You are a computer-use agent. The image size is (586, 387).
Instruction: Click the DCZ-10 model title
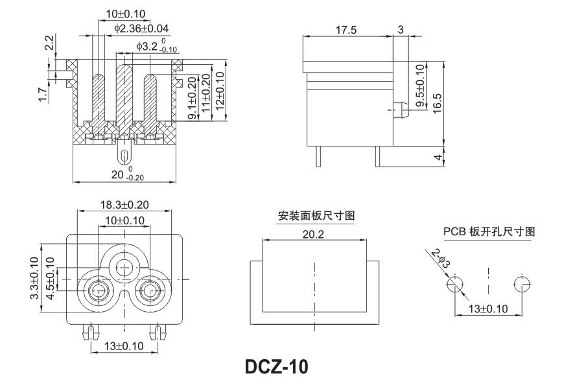coord(277,367)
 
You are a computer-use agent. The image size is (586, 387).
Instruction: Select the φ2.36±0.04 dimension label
coord(141,29)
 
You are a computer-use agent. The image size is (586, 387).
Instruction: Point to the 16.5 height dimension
coord(437,102)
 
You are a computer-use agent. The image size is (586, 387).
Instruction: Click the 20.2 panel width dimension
coord(312,234)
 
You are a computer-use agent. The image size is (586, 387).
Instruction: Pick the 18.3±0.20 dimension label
coord(124,205)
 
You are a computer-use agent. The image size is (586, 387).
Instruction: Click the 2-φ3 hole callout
coord(440,259)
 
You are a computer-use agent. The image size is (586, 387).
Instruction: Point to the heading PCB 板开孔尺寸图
coord(489,231)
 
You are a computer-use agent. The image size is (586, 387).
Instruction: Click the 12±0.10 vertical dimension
coord(219,91)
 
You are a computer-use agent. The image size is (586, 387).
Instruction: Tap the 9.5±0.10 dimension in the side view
coord(419,86)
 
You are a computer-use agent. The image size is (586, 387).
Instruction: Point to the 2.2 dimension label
coord(49,43)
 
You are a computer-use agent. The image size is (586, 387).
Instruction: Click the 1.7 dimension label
coord(43,95)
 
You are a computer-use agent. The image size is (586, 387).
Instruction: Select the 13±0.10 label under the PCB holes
coord(488,309)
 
